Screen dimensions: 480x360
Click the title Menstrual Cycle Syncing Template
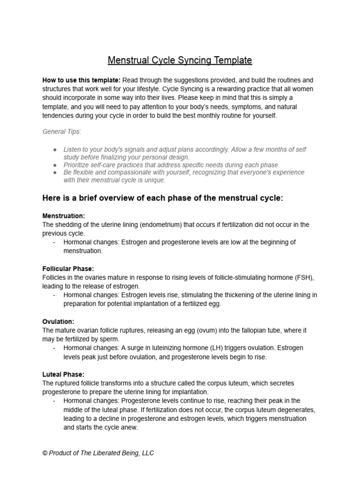click(x=180, y=60)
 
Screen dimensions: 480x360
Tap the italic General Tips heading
click(x=62, y=132)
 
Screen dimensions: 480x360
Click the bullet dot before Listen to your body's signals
click(x=55, y=149)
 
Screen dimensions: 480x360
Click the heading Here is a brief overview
click(x=163, y=198)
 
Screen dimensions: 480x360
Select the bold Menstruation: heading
click(x=64, y=216)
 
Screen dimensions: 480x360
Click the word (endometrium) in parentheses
click(x=157, y=225)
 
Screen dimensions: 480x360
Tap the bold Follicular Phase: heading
click(x=68, y=269)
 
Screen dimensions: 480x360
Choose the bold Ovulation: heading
click(x=58, y=322)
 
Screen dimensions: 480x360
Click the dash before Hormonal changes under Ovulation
click(x=55, y=348)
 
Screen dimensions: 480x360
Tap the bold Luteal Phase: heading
click(x=63, y=375)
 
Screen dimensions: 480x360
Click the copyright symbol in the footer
click(x=45, y=453)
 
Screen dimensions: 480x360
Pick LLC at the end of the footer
click(x=147, y=453)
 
